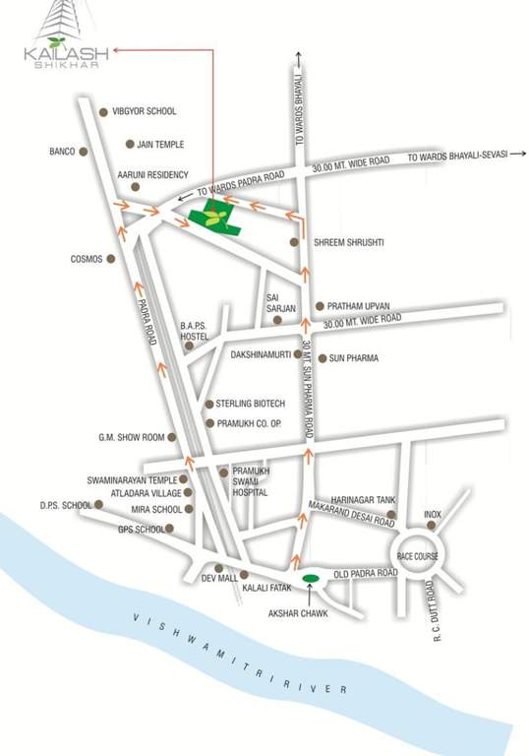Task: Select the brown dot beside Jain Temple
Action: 130,145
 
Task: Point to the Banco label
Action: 62,153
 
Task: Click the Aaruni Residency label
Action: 152,174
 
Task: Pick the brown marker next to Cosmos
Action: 110,259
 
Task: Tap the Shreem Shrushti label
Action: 348,242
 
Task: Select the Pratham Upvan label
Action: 359,306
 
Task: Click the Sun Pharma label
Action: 354,358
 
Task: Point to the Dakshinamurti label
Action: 261,351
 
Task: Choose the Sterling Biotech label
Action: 251,404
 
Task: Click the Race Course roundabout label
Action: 418,556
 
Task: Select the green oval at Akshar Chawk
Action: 310,577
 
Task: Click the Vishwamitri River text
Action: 237,654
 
